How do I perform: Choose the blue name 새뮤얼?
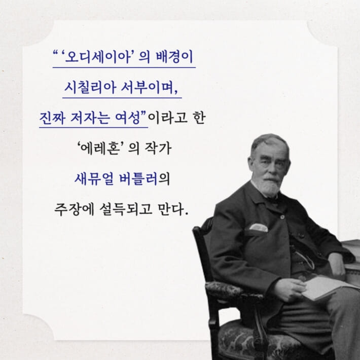click(91, 179)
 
